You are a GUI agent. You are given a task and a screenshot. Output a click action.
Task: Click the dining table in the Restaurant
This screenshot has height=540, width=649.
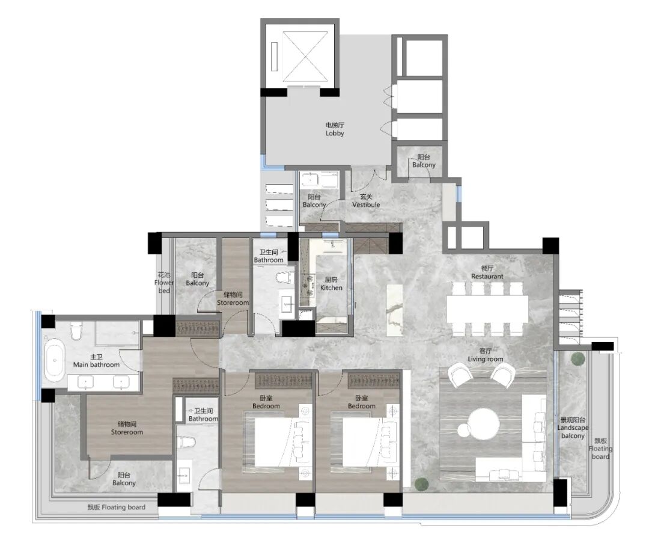click(487, 309)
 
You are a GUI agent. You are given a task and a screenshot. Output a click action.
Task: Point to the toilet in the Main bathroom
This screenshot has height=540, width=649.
click(76, 331)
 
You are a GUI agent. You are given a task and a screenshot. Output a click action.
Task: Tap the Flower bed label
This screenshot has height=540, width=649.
click(164, 283)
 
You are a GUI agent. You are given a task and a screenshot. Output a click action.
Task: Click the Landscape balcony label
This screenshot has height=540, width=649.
click(573, 428)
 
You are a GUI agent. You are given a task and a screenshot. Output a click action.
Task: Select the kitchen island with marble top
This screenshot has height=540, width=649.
click(394, 310)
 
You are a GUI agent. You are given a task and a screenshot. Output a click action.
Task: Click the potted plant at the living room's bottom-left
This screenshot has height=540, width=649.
click(421, 483)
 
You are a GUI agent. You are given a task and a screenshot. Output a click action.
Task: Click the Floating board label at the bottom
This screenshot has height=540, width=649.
click(117, 507)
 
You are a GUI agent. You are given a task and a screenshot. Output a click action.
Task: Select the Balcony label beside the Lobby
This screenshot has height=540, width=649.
click(424, 161)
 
